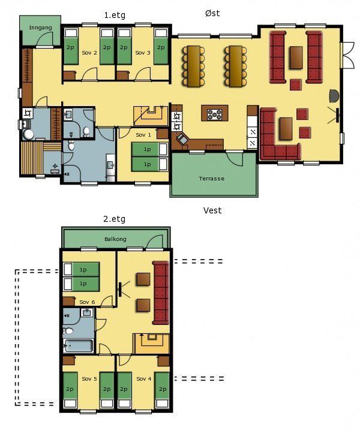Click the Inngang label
[40, 28]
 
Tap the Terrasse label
[212, 179]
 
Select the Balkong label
[115, 239]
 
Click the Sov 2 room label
[89, 53]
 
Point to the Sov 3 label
[143, 53]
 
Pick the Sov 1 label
[143, 135]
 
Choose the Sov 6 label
[87, 302]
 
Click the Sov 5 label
[89, 379]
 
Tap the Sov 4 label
[144, 379]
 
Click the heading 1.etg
[115, 15]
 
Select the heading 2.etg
[114, 219]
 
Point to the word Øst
[212, 13]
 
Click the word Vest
[212, 210]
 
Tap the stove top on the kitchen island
[215, 114]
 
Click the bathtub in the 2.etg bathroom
[79, 345]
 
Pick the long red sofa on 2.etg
[161, 293]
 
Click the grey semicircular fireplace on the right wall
[334, 96]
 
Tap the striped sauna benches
[32, 158]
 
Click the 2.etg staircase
[152, 343]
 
